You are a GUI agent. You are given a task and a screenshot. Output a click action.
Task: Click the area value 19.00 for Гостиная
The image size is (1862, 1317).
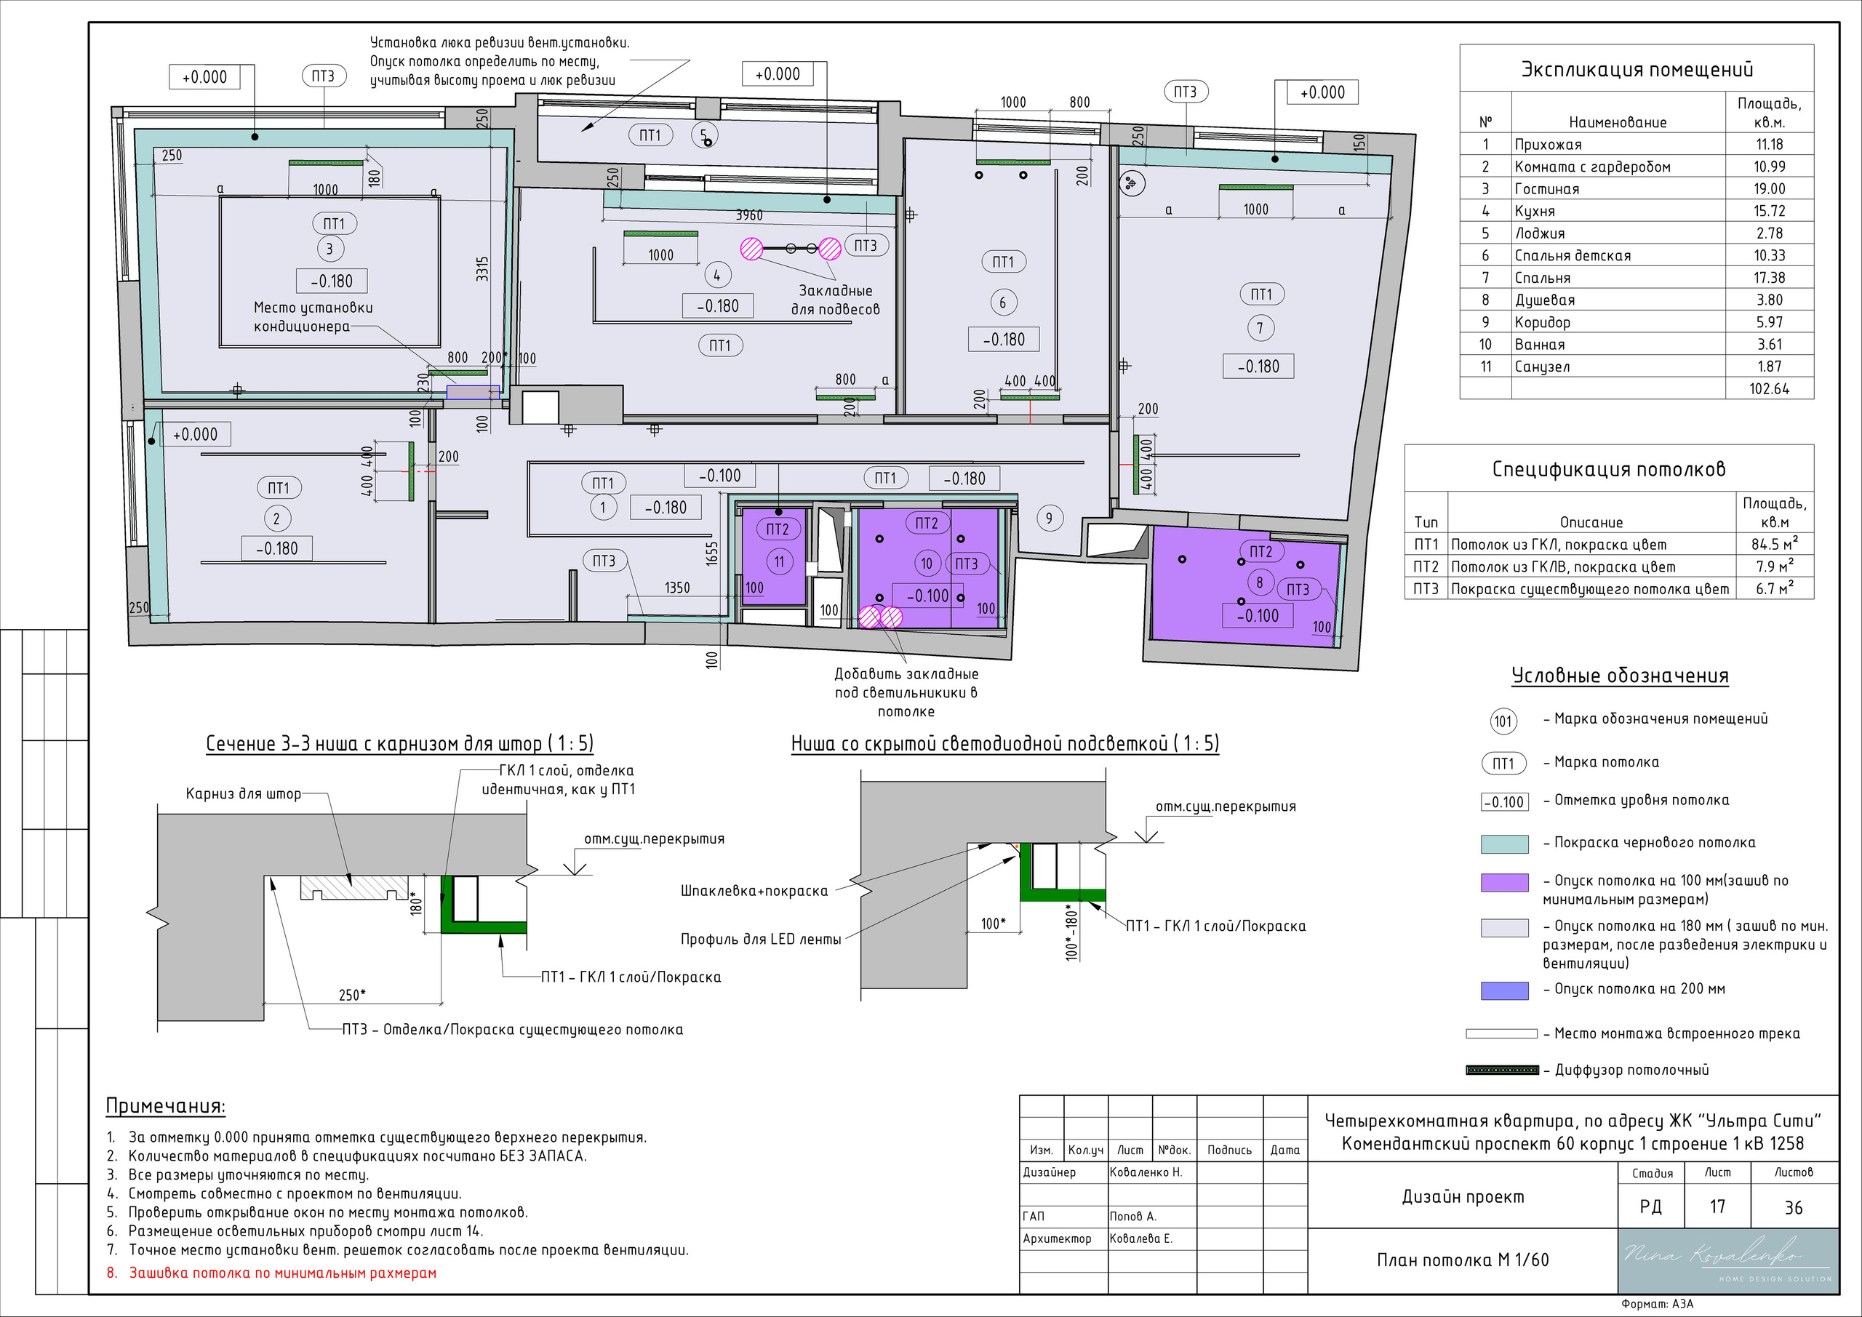pos(1769,189)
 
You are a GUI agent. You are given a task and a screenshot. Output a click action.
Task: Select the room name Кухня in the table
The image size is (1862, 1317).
pos(1535,211)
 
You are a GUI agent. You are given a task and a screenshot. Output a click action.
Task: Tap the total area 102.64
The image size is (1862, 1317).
pos(1769,388)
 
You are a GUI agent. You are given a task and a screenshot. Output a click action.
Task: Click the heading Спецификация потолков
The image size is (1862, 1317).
pos(1609,469)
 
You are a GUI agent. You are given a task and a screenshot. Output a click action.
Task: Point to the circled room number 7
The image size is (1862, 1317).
pos(1260,329)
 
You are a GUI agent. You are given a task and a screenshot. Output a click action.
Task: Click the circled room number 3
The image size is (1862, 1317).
pos(329,249)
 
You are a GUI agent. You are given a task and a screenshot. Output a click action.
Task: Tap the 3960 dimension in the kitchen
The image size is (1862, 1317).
pos(748,216)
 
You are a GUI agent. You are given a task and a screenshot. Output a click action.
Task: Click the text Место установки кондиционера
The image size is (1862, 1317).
pos(313,316)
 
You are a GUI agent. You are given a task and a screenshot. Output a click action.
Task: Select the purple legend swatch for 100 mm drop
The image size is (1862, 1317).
pos(1504,882)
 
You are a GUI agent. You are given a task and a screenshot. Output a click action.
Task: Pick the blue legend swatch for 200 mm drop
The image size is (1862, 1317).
pos(1504,990)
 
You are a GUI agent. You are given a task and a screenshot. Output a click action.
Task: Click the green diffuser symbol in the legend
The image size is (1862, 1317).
pos(1502,1070)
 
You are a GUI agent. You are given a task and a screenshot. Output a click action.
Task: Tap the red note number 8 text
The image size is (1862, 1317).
pos(273,1273)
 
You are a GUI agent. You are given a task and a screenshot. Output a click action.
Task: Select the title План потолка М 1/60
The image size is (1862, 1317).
pos(1462,1260)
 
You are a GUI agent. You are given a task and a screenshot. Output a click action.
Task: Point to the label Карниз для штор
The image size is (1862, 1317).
pos(243,794)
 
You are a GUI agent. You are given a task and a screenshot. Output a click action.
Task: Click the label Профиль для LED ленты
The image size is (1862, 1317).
pos(761,939)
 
